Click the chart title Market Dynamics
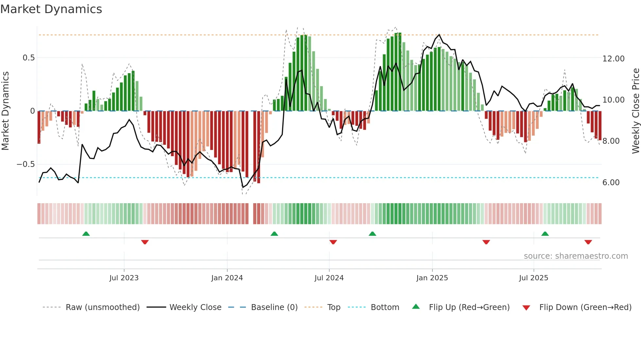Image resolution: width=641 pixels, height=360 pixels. (x=51, y=9)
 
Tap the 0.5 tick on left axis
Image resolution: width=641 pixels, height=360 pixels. (x=28, y=58)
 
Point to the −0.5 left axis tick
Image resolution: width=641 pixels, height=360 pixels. (x=26, y=164)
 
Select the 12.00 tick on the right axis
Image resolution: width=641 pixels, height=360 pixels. (x=613, y=59)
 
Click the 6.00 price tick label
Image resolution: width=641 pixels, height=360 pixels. (x=611, y=183)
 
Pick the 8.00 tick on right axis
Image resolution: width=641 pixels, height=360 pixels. (x=611, y=141)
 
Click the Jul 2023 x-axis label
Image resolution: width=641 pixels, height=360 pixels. (x=124, y=278)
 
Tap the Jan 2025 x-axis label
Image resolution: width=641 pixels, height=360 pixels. (x=432, y=278)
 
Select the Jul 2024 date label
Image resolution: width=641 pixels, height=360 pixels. (x=329, y=278)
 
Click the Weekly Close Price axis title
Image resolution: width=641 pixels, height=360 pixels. (x=635, y=111)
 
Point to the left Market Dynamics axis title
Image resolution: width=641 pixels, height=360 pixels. (x=5, y=111)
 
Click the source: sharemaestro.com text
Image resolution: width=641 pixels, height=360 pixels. (x=576, y=256)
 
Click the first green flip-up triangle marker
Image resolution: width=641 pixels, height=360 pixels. (x=86, y=234)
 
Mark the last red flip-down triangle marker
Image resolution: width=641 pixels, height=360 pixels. (x=588, y=242)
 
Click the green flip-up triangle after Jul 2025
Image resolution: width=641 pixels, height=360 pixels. (x=545, y=234)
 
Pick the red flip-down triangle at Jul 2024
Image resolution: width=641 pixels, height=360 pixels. (x=333, y=242)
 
